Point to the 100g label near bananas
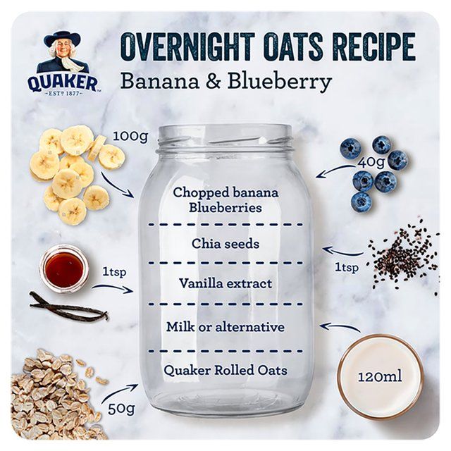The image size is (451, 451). (130, 136)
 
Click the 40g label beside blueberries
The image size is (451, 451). (371, 161)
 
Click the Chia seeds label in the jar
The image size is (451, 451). (225, 244)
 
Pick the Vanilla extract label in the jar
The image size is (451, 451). (225, 284)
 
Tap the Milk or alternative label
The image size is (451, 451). (225, 327)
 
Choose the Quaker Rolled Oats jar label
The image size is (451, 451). (225, 370)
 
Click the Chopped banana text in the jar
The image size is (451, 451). (225, 192)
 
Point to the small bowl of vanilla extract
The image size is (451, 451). (64, 268)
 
